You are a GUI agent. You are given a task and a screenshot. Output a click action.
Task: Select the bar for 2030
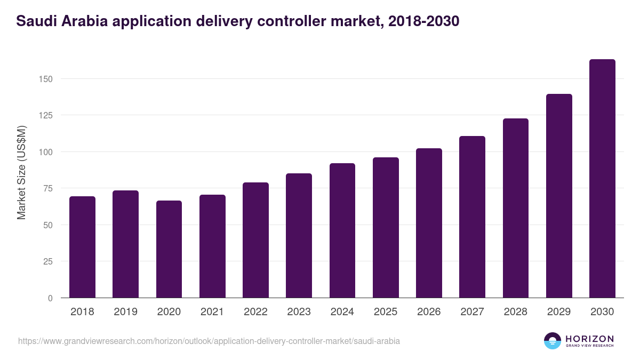coord(602,179)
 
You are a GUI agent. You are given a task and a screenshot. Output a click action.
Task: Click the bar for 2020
coord(169,249)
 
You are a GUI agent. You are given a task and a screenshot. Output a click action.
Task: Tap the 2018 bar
coord(82,247)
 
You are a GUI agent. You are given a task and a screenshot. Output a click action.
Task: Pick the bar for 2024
coord(342,230)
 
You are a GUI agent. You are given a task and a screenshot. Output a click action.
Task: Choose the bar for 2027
coord(472,217)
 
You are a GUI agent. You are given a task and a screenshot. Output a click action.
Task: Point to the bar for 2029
coord(559,196)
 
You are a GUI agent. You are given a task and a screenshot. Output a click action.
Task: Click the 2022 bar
coord(255,240)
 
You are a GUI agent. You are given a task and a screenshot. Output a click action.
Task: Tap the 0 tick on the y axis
coord(51,298)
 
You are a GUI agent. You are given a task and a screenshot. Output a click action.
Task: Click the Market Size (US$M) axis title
coord(21,172)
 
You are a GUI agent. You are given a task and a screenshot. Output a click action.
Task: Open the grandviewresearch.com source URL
coord(209,341)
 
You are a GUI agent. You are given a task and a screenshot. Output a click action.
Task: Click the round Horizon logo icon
coord(553,341)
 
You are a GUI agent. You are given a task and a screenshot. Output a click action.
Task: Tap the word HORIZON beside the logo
coord(589,339)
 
